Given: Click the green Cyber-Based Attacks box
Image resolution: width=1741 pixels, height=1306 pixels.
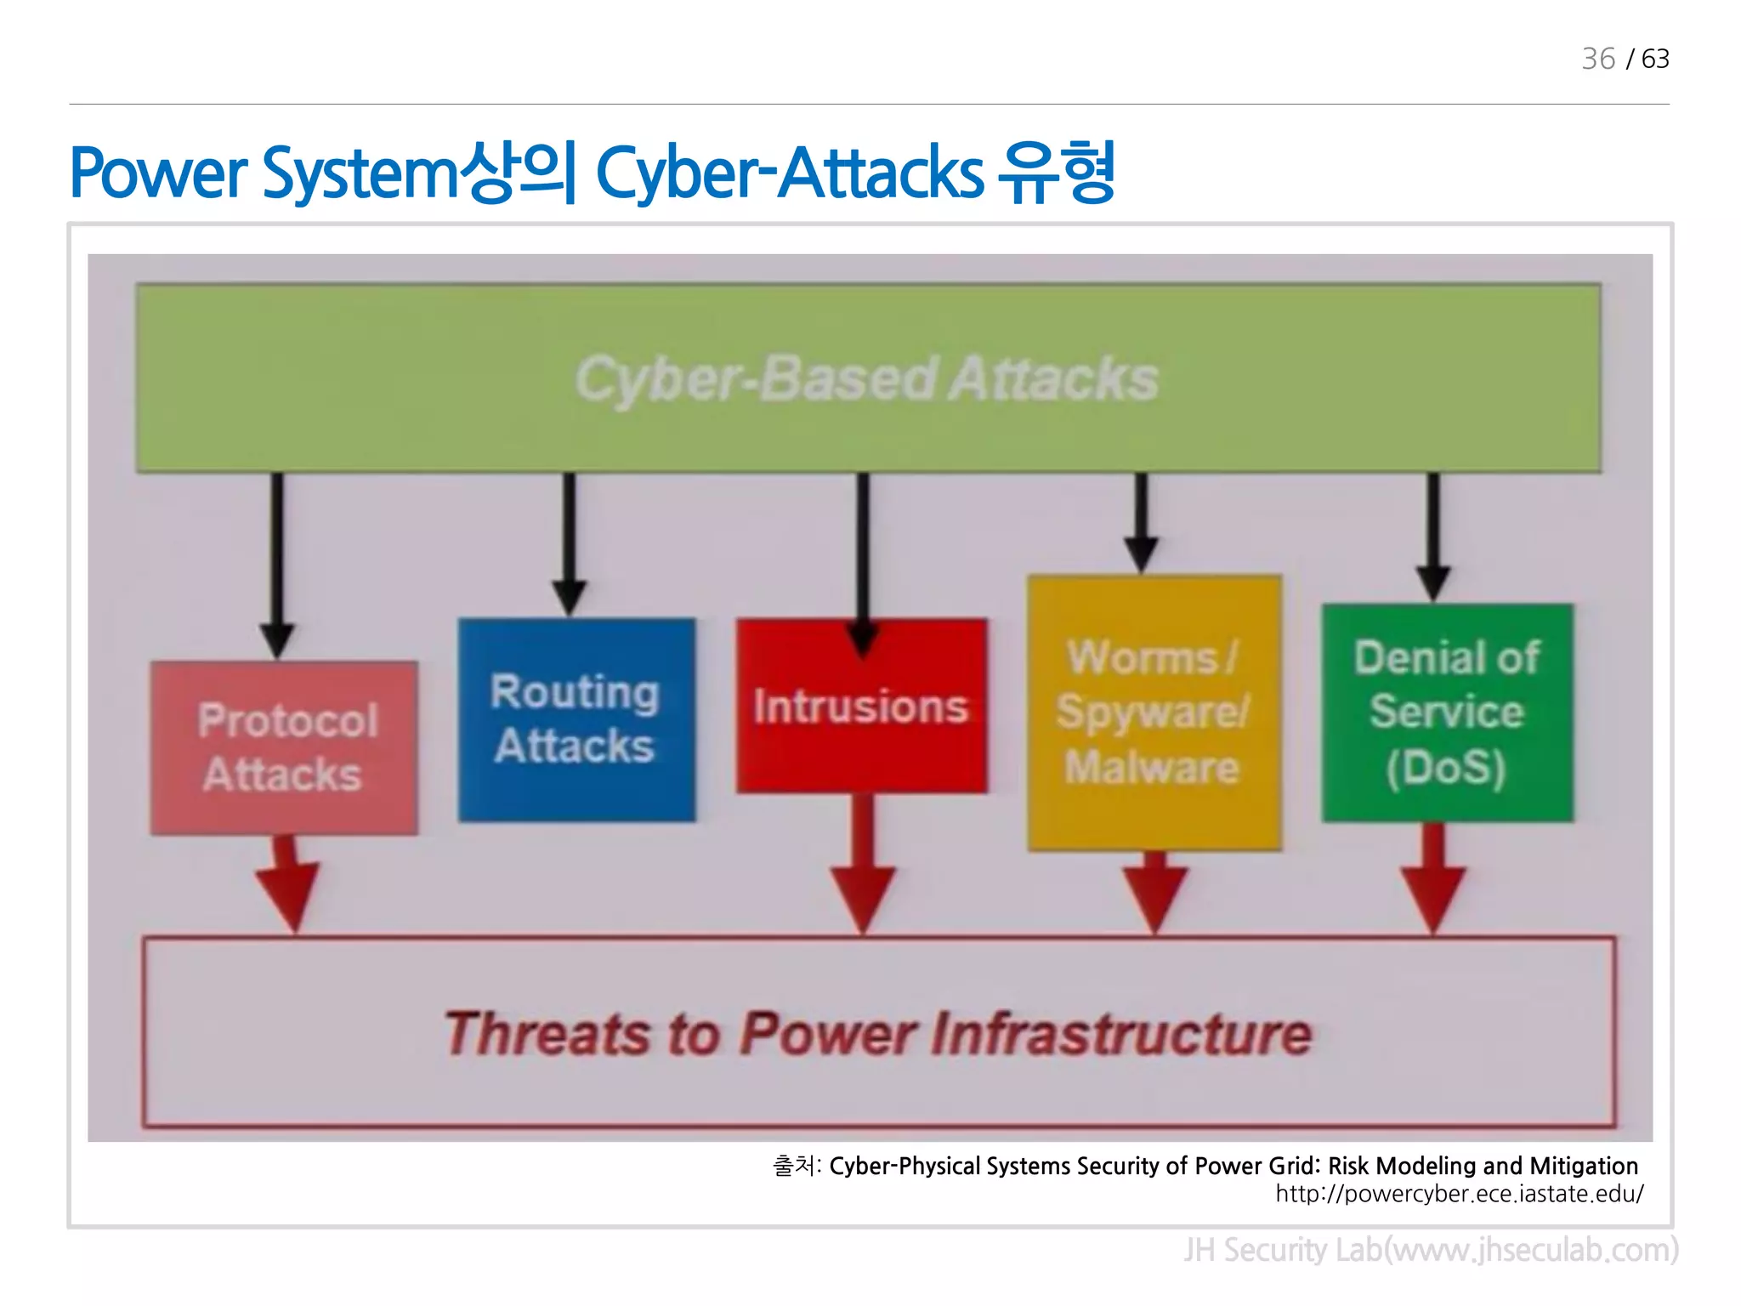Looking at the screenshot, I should pos(867,378).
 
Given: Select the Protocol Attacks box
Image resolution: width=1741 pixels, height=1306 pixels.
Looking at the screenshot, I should pos(284,747).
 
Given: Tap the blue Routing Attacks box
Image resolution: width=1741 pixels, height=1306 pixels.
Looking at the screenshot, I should pos(576,719).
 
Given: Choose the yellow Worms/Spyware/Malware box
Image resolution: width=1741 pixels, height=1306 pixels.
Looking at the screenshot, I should pos(1154,713).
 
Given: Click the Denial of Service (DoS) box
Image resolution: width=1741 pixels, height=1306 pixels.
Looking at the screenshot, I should pos(1447,713).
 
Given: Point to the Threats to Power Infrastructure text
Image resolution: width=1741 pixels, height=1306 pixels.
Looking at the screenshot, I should pos(878,1034).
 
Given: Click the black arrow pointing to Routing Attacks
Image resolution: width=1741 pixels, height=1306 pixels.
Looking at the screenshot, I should pos(569,544).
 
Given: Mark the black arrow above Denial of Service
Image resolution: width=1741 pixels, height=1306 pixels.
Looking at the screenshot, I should pos(1433,536).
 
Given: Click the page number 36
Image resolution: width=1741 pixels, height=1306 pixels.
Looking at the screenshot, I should pos(1597,59).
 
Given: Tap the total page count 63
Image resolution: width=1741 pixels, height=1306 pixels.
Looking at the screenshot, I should pos(1655,59).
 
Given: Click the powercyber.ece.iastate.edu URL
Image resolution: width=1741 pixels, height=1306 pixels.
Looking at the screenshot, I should pos(1459,1194).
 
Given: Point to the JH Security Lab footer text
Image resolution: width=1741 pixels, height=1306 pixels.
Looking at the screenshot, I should pos(1431,1250).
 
